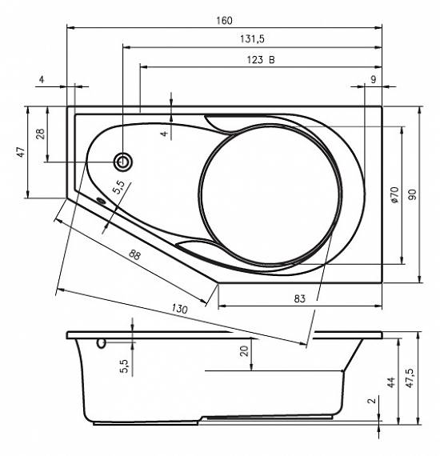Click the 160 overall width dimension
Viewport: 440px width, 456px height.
click(224, 21)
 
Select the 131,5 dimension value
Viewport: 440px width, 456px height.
click(252, 38)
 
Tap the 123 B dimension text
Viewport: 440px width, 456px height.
click(261, 60)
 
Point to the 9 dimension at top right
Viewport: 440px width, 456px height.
click(374, 79)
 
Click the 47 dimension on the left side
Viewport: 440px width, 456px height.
click(21, 152)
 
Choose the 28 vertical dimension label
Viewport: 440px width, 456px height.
click(41, 134)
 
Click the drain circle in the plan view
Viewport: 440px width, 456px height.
click(122, 162)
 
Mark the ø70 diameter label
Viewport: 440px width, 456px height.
click(394, 194)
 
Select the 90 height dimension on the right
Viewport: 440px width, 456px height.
click(412, 194)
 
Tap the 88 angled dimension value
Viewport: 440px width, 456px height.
click(134, 255)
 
